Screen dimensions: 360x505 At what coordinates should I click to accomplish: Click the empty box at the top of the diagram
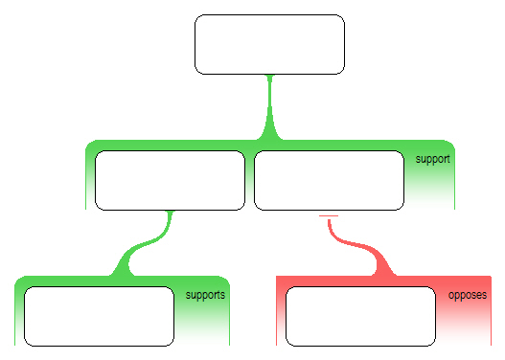(x=269, y=44)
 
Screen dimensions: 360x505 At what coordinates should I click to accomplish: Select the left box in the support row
(x=170, y=180)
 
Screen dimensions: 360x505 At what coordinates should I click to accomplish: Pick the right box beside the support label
(x=329, y=180)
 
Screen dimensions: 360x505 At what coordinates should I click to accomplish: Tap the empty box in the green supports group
(x=99, y=315)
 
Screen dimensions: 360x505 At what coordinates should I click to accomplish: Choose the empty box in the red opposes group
(x=361, y=315)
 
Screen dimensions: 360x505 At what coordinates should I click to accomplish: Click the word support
(x=433, y=158)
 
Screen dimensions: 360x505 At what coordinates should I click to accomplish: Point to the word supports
(x=205, y=295)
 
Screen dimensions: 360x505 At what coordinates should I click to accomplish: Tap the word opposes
(x=468, y=295)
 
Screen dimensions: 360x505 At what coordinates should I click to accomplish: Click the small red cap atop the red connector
(x=329, y=217)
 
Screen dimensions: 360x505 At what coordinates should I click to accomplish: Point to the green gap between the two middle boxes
(x=249, y=180)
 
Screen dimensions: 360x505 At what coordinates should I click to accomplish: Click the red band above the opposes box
(x=361, y=281)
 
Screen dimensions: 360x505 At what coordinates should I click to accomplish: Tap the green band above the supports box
(x=99, y=281)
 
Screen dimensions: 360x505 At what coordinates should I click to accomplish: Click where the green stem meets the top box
(x=270, y=76)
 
